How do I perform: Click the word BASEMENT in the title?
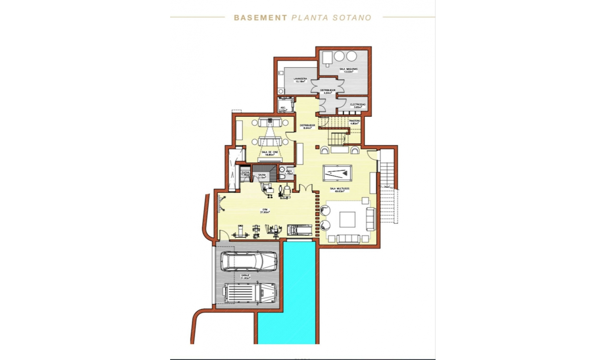tap(260, 18)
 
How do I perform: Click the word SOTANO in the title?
tap(352, 18)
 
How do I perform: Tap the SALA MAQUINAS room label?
tap(348, 70)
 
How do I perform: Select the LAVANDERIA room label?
tap(300, 80)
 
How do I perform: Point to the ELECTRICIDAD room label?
tap(358, 105)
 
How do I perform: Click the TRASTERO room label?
tap(354, 122)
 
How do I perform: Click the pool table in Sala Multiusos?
tap(337, 173)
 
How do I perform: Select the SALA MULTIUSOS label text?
tap(339, 189)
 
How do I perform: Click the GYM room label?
tap(265, 210)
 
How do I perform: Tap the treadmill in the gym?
tap(300, 230)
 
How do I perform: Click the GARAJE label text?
tap(245, 276)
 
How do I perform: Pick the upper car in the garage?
tap(249, 261)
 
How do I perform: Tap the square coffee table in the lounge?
tap(347, 219)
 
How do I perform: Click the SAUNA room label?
tap(262, 176)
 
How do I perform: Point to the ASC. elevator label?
tap(283, 108)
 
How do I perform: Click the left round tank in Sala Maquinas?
tap(339, 56)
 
